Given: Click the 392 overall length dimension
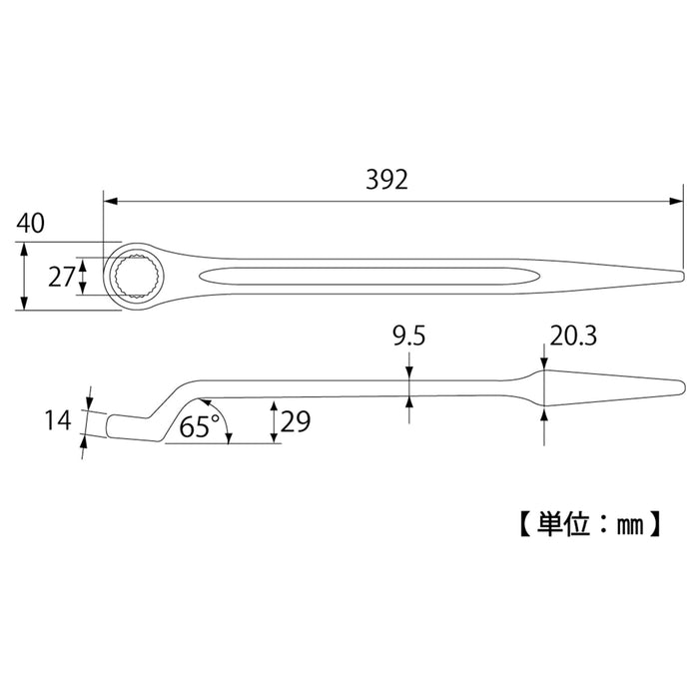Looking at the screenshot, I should coord(387,180).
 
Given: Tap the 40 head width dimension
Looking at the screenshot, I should coord(30,224).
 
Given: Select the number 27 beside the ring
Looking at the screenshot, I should coord(61,277).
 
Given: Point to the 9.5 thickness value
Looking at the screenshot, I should coord(407,338).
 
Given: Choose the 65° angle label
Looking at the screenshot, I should coord(200,427).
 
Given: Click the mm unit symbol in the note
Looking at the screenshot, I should coord(626,522).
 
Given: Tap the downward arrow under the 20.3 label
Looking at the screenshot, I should coord(543,362).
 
